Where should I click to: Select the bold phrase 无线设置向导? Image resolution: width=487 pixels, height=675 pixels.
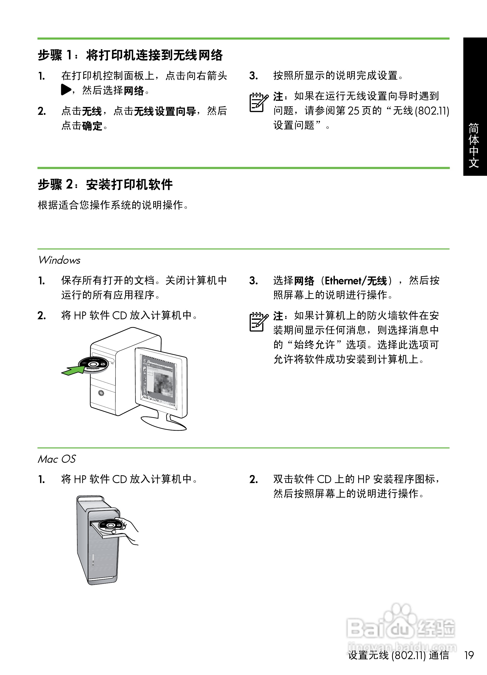[165, 111]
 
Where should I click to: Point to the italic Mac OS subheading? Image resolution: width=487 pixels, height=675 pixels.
[57, 459]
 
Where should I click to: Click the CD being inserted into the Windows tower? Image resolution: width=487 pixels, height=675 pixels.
[94, 364]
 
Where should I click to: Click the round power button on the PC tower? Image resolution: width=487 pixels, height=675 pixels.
[101, 393]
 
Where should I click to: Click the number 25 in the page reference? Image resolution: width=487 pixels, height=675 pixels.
[354, 111]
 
